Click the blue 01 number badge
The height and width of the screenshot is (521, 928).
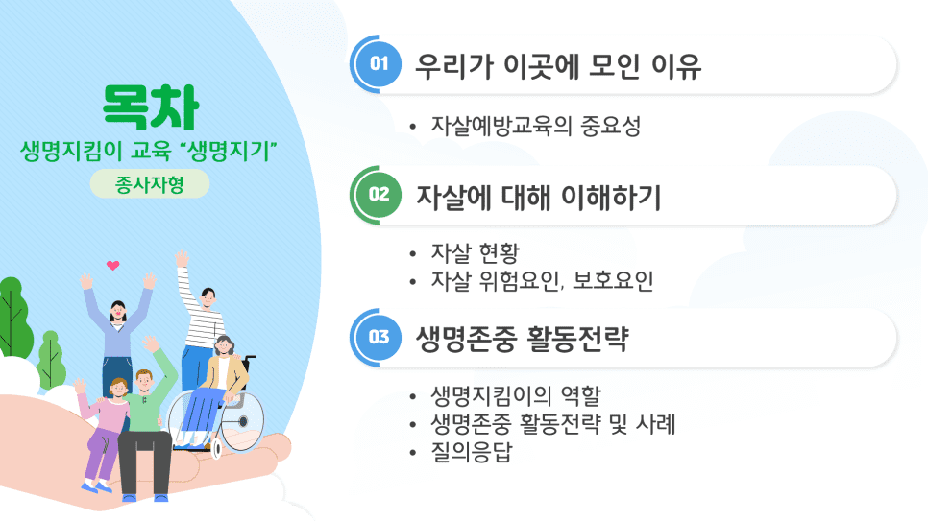tap(379, 64)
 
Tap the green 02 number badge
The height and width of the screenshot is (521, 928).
tap(379, 195)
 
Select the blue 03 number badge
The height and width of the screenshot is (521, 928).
tap(379, 337)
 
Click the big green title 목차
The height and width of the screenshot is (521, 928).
tap(150, 107)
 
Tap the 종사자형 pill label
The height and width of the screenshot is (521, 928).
tap(150, 184)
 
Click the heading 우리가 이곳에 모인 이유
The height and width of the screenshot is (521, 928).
tap(558, 65)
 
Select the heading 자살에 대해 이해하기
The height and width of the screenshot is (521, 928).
tap(539, 197)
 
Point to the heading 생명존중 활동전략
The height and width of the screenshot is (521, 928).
tap(522, 339)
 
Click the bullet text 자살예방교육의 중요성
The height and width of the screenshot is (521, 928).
tap(536, 126)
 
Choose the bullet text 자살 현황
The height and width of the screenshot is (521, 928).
tap(476, 253)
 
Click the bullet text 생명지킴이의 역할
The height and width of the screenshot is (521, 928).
tap(516, 395)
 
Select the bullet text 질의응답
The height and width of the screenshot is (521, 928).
tap(472, 453)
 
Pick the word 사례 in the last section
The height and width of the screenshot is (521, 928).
tap(655, 424)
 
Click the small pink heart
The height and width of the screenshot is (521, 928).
tap(113, 266)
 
